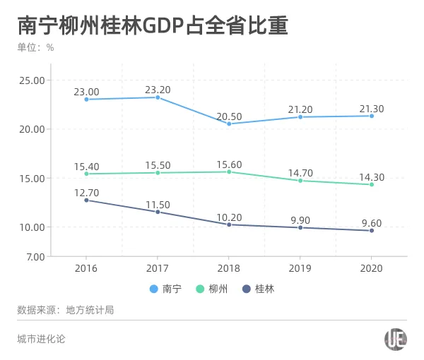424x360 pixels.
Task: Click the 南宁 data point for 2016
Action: click(x=86, y=100)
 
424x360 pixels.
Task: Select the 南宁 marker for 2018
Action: click(x=229, y=124)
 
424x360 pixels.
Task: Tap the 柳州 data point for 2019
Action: click(x=300, y=181)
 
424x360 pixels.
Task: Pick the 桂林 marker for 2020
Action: click(x=372, y=231)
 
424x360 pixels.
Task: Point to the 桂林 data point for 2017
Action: click(x=158, y=212)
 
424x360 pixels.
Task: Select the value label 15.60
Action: click(x=229, y=164)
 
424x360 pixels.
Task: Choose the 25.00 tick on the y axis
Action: click(x=32, y=80)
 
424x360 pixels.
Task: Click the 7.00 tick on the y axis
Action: click(x=35, y=256)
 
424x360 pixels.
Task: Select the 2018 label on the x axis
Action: click(x=229, y=269)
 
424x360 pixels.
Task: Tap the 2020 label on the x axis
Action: click(x=372, y=269)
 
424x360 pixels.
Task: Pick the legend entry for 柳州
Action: click(x=211, y=289)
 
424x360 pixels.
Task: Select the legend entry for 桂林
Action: click(x=258, y=289)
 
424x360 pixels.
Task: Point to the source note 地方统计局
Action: click(x=90, y=309)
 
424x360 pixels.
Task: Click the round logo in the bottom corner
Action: click(x=396, y=339)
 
